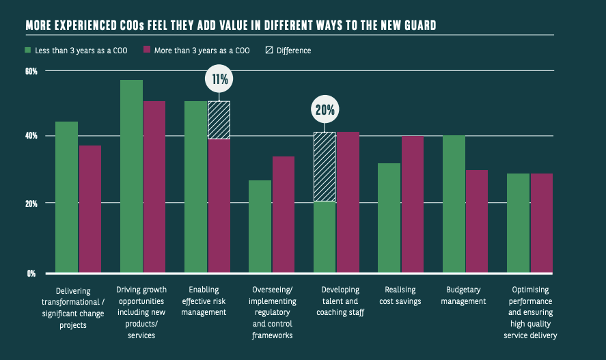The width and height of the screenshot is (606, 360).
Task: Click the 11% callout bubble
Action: click(219, 79)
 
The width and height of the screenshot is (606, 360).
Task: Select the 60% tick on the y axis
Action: click(31, 71)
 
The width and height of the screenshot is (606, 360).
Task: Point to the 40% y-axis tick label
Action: click(31, 136)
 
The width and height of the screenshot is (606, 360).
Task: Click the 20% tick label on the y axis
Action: click(31, 204)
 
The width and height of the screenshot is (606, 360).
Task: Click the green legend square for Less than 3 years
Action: click(28, 50)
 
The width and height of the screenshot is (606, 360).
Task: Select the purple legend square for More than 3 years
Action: click(147, 50)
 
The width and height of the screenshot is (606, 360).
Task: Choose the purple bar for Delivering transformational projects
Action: click(89, 209)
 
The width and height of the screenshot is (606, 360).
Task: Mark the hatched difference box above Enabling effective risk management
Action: click(219, 120)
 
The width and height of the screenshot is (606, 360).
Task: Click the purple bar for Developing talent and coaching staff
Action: click(348, 202)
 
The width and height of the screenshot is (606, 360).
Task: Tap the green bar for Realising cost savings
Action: click(389, 218)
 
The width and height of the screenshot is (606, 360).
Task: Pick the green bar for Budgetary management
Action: click(454, 204)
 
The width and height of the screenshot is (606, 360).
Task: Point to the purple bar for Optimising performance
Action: click(541, 223)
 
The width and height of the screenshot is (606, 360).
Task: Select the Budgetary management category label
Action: click(465, 296)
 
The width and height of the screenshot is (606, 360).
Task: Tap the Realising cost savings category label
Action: click(401, 296)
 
